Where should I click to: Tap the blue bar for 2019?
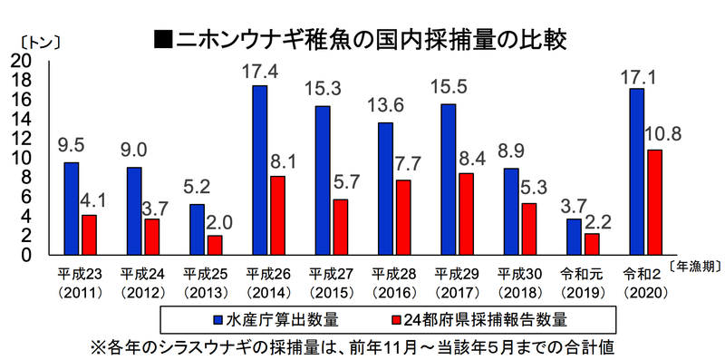574,237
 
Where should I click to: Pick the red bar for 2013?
215,245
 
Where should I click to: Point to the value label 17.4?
260,69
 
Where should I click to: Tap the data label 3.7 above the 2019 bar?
574,204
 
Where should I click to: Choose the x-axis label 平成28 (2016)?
393,282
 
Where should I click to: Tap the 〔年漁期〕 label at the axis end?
693,266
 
